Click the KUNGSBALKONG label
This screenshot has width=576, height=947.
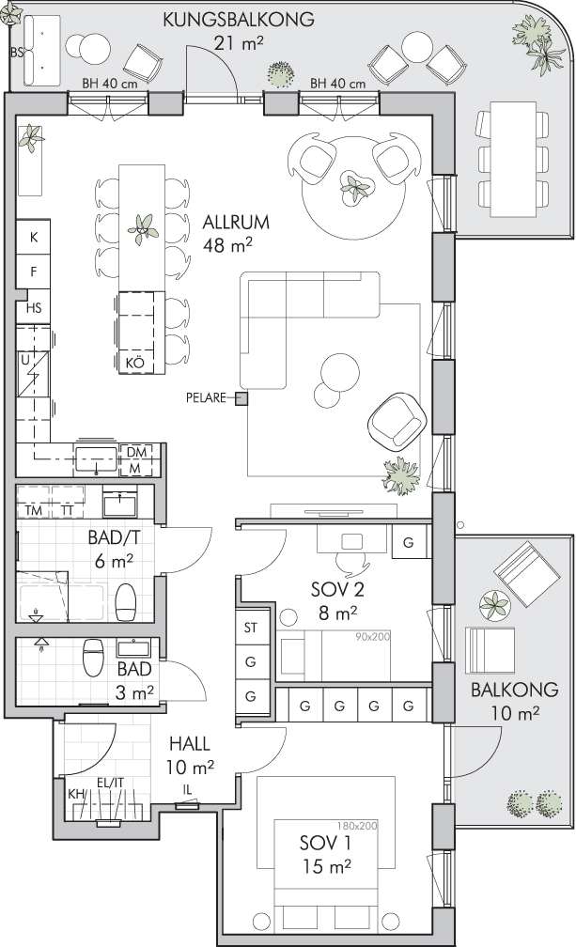pos(239,19)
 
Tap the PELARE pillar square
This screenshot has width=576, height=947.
pos(241,398)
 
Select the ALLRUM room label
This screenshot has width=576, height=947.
pos(236,223)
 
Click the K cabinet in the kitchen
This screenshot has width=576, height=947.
pos(33,238)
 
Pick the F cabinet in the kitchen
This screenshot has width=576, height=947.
pos(33,272)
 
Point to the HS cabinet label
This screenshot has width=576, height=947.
pos(34,308)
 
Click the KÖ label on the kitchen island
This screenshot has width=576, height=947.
pos(135,364)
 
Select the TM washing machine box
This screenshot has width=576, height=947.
pos(34,502)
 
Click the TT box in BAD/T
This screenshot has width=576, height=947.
pos(68,502)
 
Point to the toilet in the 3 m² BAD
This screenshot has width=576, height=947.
pos(94,657)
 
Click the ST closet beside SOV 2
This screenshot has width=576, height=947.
pos(251,629)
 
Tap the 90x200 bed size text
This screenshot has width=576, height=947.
pos(372,637)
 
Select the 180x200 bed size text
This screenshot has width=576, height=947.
pos(357,826)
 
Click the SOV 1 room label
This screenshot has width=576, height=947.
pos(325,843)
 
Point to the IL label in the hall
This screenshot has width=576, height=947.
pos(188,790)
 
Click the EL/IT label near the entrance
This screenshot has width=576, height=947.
pos(110,784)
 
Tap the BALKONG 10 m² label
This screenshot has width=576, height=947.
pos(514,701)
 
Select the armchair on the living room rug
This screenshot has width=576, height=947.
pos(397,421)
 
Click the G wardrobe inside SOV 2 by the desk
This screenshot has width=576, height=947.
pos(408,542)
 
